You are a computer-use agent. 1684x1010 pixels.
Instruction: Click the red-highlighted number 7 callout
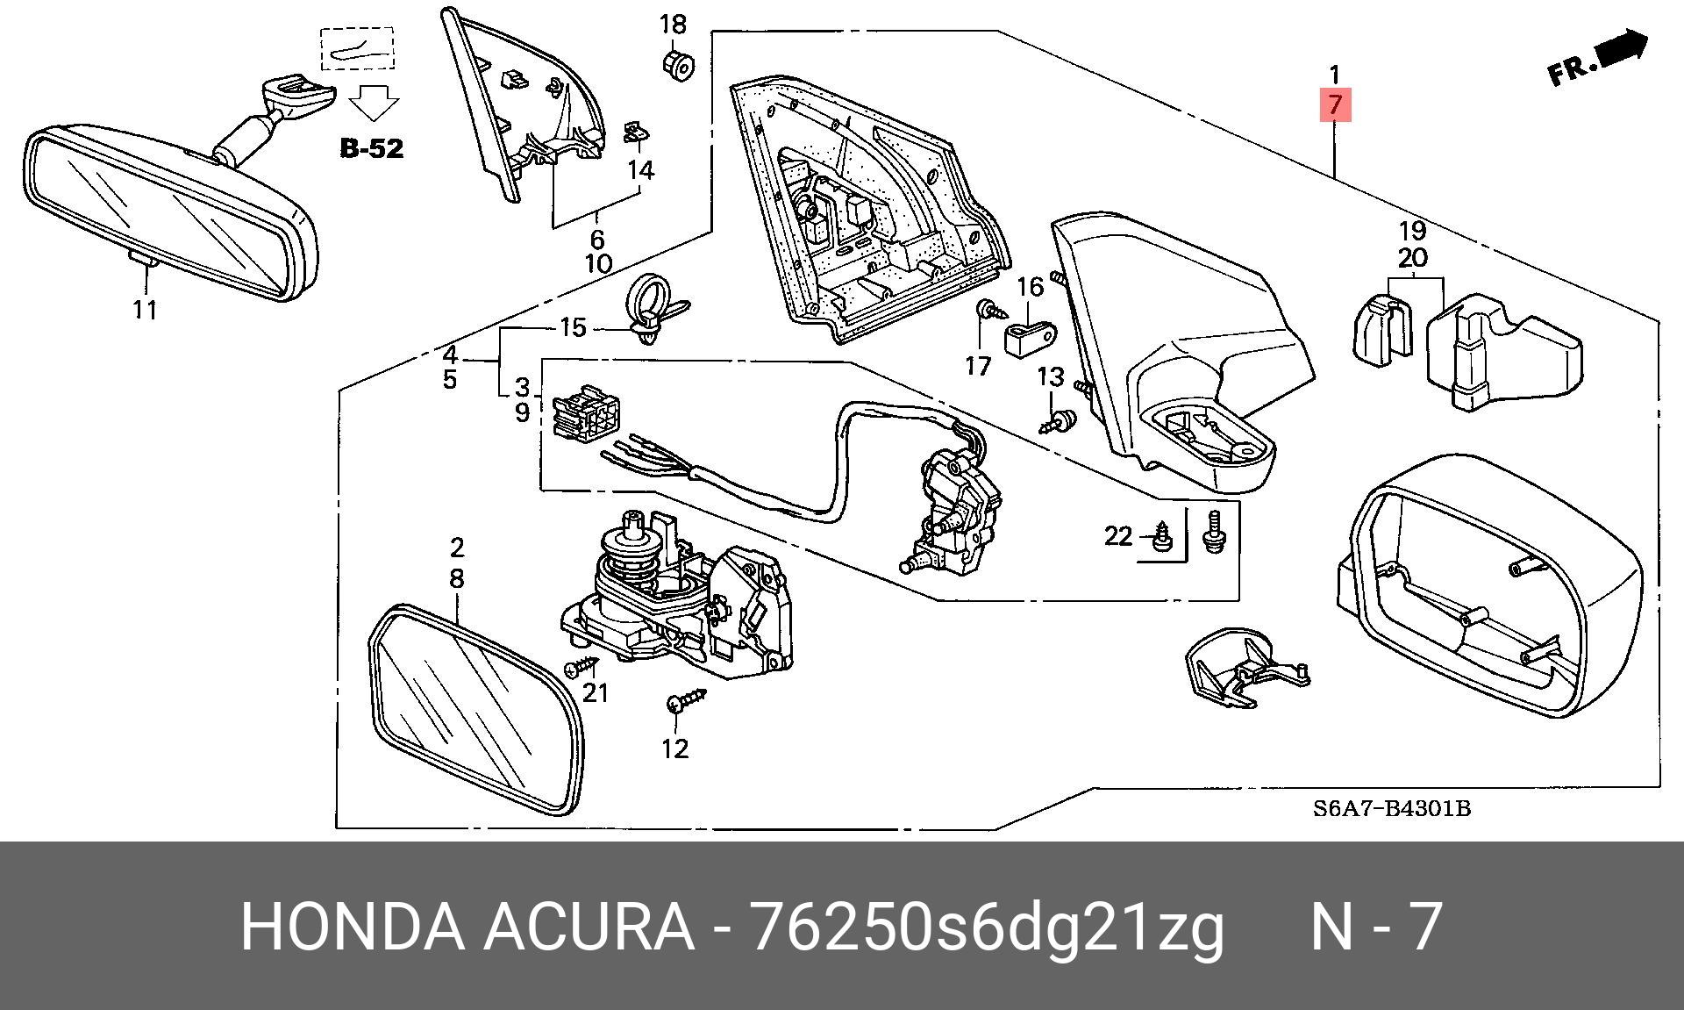[x=1334, y=105]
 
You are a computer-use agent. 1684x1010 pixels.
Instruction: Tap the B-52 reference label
[x=372, y=148]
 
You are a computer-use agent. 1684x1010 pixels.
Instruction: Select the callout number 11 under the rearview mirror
[x=145, y=310]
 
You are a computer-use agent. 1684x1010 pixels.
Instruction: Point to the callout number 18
[x=673, y=24]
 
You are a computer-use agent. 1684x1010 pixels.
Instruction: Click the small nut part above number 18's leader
[x=676, y=63]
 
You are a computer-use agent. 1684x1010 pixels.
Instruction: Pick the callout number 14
[x=641, y=169]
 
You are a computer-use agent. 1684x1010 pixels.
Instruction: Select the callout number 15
[x=572, y=327]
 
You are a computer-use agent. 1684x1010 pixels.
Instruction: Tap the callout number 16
[x=1031, y=287]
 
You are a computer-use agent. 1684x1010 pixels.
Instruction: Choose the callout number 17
[x=978, y=365]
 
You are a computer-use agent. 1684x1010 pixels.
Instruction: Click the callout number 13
[x=1050, y=377]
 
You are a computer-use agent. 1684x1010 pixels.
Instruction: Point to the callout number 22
[x=1118, y=535]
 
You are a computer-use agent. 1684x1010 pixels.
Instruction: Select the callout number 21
[x=596, y=693]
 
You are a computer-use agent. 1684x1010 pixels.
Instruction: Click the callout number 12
[x=674, y=749]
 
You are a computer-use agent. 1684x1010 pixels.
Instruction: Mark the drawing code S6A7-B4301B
[x=1391, y=808]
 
